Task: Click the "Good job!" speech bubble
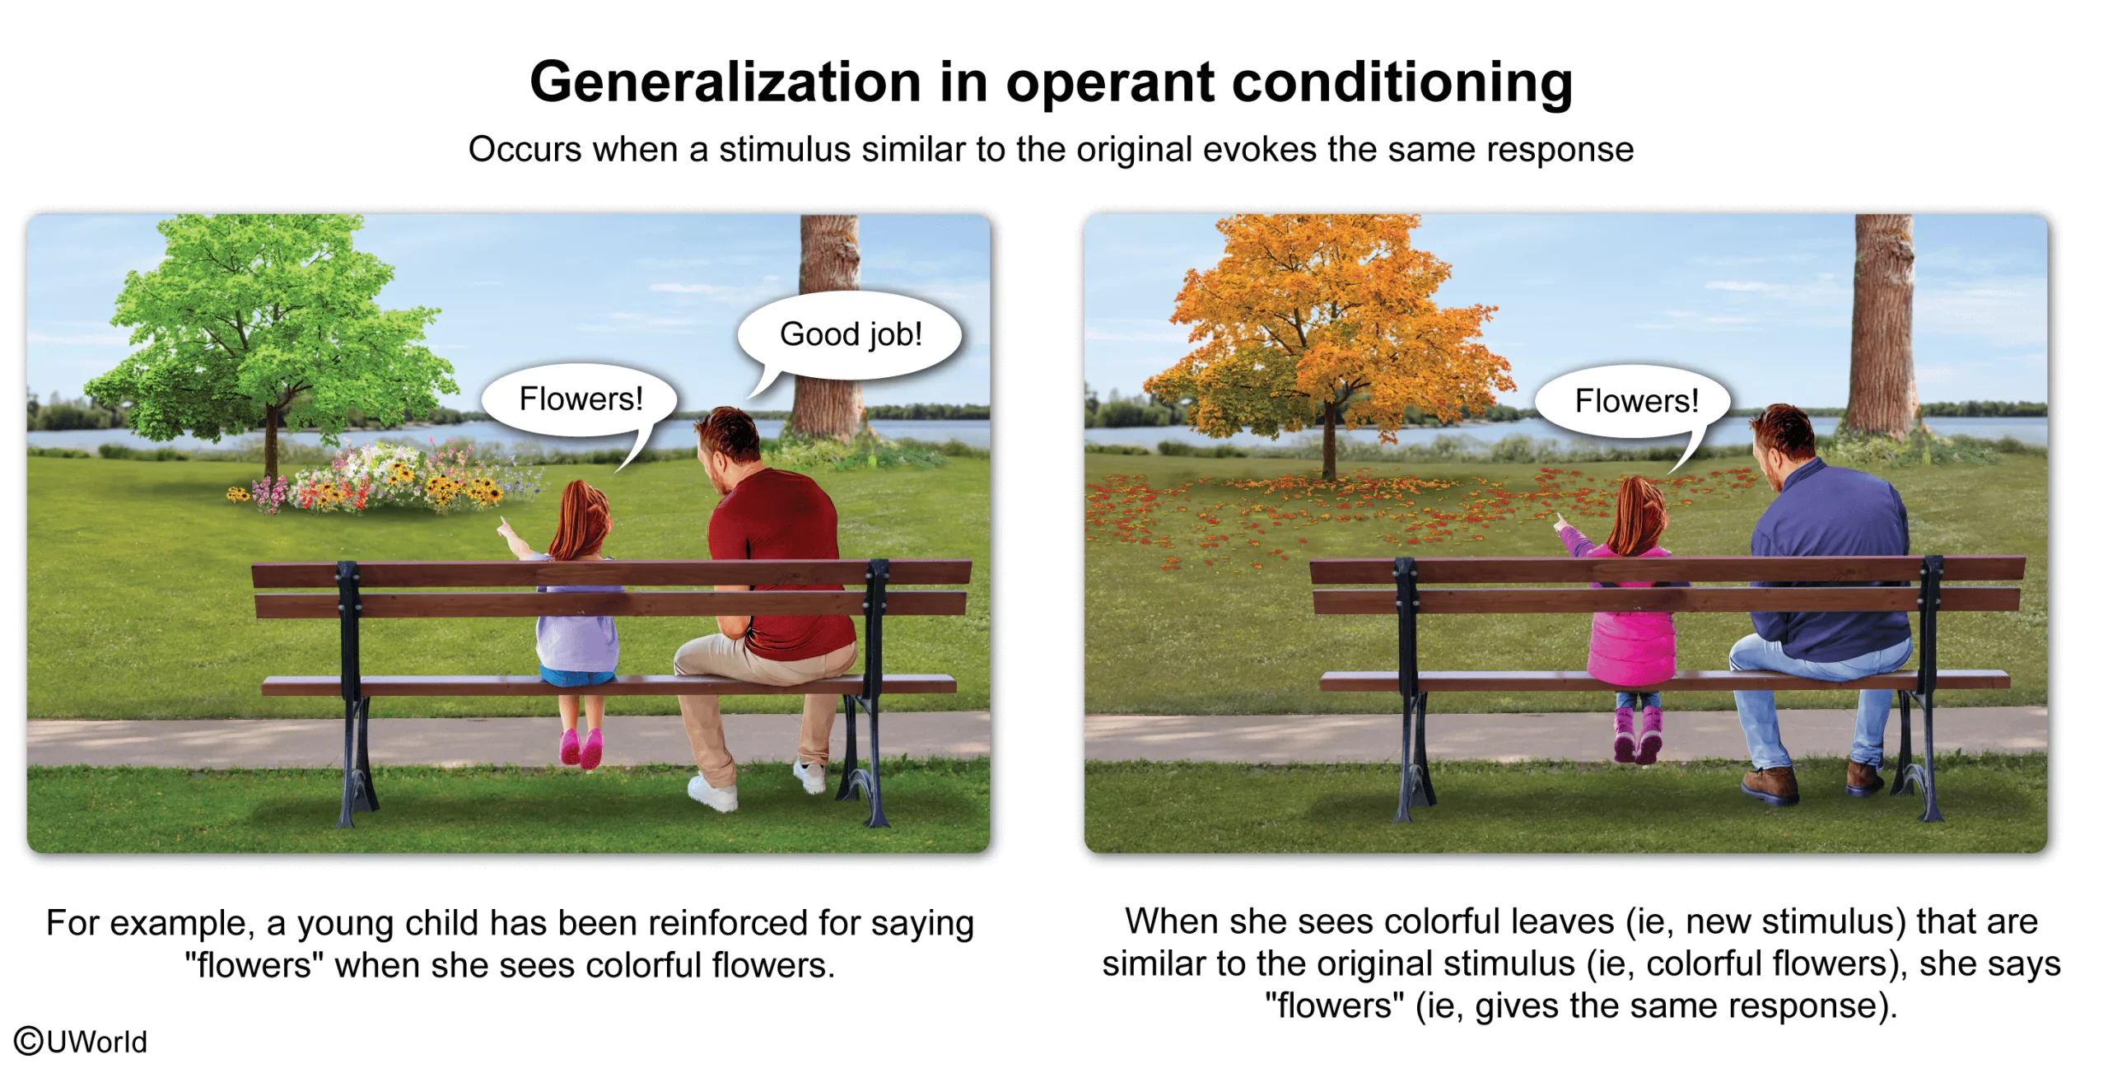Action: pyautogui.click(x=850, y=335)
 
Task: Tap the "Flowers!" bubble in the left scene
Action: pyautogui.click(x=580, y=400)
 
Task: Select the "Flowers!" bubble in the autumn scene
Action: pyautogui.click(x=1634, y=402)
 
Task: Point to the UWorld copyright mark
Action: pyautogui.click(x=81, y=1042)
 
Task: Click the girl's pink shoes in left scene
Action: pyautogui.click(x=581, y=749)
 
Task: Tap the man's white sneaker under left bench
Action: pyautogui.click(x=713, y=791)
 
